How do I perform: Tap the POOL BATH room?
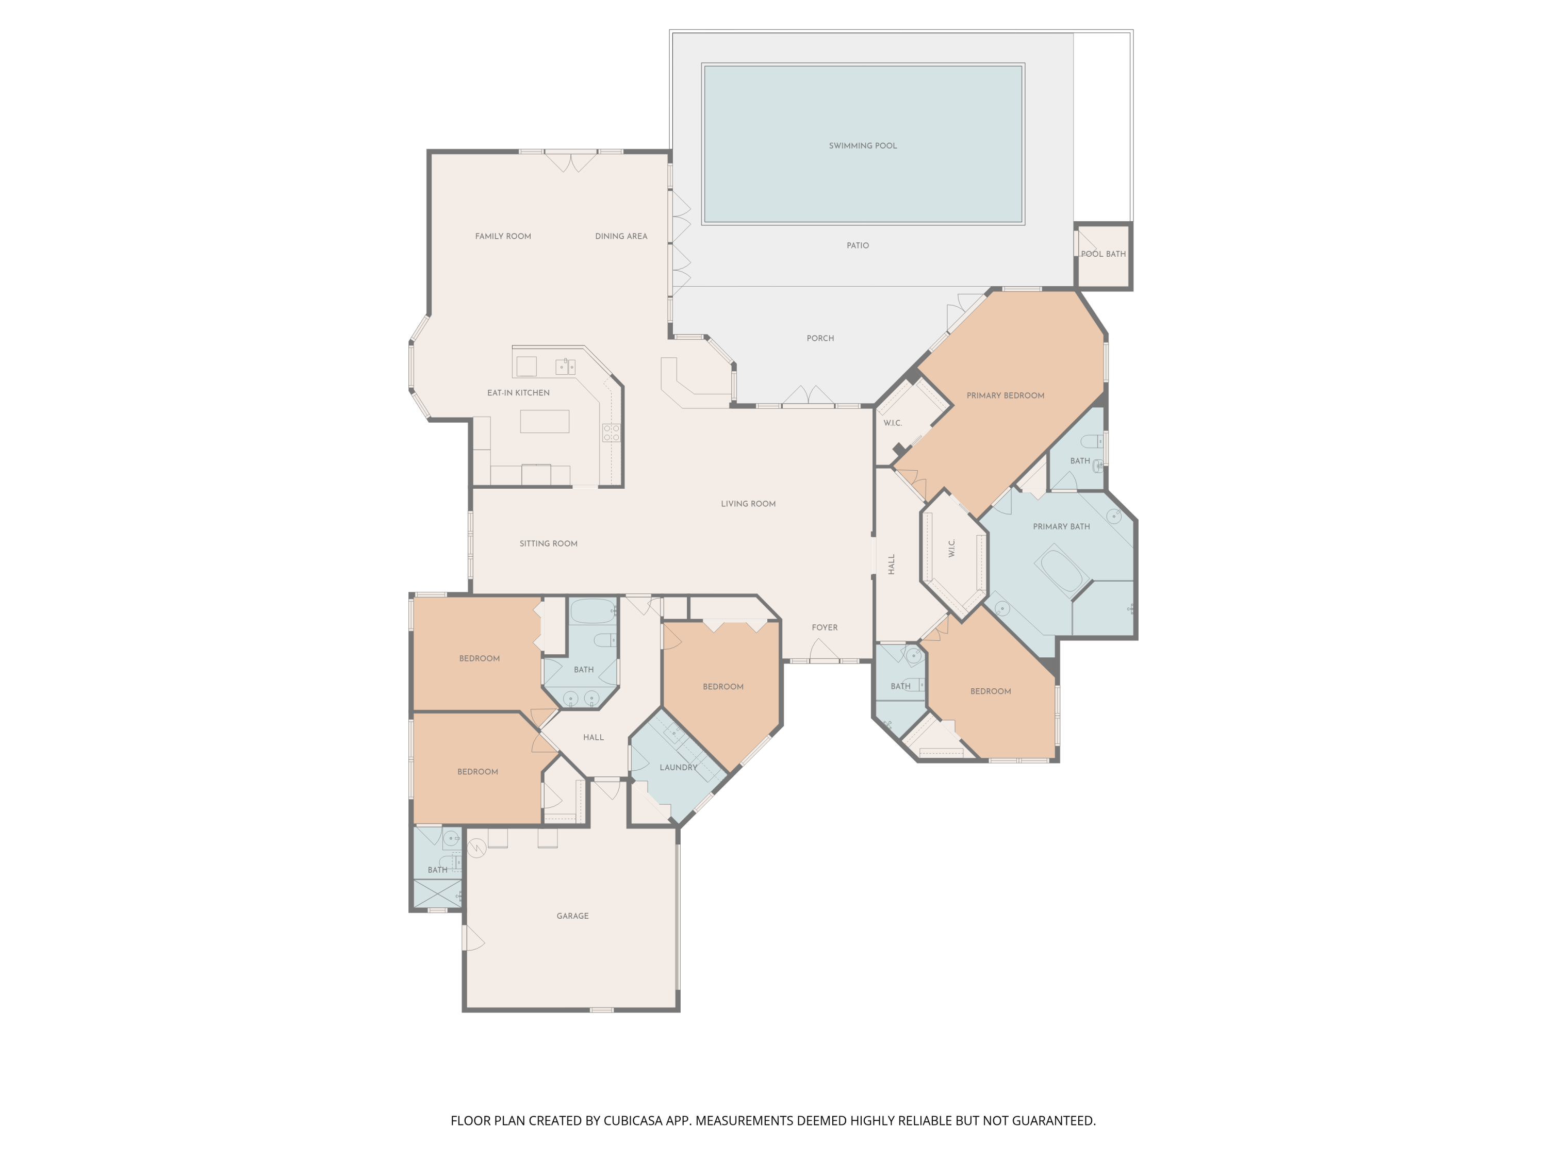(1103, 256)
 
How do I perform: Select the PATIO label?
(858, 245)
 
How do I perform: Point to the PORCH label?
(820, 338)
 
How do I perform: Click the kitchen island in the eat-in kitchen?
(544, 422)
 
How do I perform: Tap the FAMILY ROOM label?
(503, 236)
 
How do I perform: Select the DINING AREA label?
(621, 236)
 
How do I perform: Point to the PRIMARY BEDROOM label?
(1005, 396)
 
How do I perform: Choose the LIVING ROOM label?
(748, 503)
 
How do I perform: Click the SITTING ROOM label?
(548, 543)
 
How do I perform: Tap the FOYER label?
(825, 627)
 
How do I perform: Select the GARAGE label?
(572, 916)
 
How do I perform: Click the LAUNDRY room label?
(679, 767)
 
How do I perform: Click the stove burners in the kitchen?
(611, 433)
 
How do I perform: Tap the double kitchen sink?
(565, 367)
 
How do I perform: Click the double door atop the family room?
(571, 161)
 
